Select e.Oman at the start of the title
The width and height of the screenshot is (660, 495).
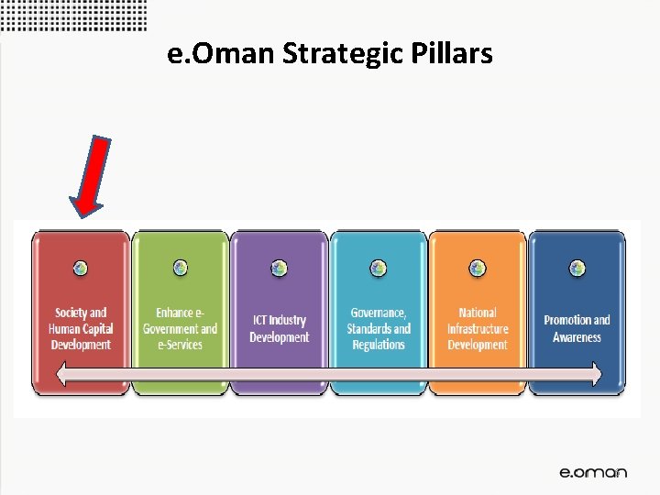[x=222, y=55]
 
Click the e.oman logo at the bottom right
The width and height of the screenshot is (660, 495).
[x=593, y=472]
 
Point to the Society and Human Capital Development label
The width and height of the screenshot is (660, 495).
[x=81, y=328]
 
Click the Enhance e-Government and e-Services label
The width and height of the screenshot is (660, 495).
[x=180, y=328]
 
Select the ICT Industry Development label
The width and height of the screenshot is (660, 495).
[x=279, y=328]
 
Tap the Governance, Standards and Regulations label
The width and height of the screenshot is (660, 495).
[x=378, y=328]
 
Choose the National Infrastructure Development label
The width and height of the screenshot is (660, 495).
[x=477, y=328]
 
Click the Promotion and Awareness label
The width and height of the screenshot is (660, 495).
[x=577, y=328]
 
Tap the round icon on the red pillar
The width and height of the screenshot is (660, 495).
[x=81, y=268]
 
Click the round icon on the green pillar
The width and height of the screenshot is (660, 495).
[x=181, y=268]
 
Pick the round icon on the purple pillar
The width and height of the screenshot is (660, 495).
[x=280, y=268]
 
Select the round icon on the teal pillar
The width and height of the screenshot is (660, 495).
[x=379, y=268]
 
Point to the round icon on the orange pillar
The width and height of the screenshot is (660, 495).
[x=478, y=268]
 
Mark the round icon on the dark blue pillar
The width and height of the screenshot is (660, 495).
[x=577, y=268]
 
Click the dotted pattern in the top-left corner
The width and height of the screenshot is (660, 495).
[x=73, y=16]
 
